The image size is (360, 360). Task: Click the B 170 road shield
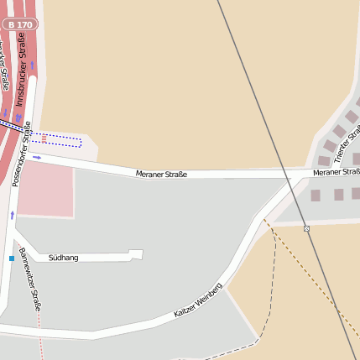point(19,25)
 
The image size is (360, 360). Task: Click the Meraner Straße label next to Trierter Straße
point(336,172)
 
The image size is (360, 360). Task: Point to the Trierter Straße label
point(345,143)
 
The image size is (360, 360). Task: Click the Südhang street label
point(63,258)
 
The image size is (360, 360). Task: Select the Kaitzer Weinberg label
point(198,300)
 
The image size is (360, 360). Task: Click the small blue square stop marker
point(12,258)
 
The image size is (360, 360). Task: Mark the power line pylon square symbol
point(306,228)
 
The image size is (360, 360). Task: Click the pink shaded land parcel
point(45,189)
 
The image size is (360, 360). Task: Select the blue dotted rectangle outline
point(63,140)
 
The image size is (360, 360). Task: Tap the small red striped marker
point(44,138)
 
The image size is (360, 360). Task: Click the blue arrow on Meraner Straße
point(37,157)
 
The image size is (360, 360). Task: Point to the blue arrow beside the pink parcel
point(13,216)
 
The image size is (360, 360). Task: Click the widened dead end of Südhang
point(136,254)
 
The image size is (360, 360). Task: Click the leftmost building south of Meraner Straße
point(316,195)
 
